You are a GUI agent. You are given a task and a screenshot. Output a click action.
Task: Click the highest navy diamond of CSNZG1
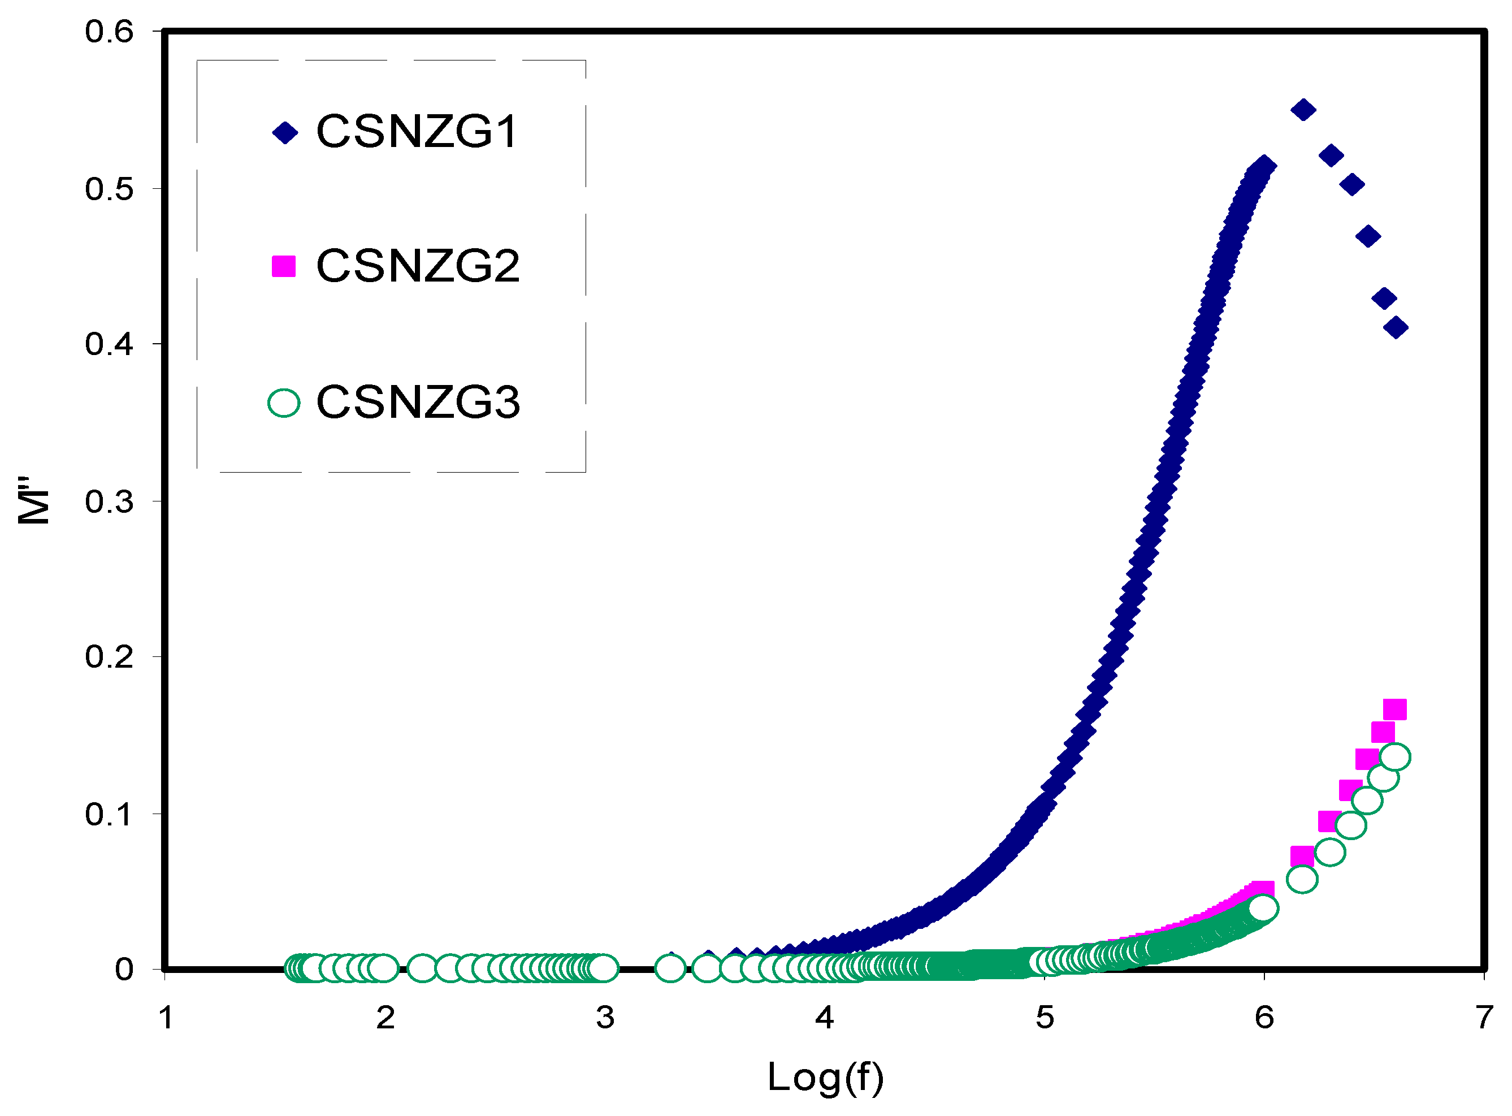point(1303,110)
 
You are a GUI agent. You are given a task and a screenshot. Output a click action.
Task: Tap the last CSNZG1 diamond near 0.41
point(1395,328)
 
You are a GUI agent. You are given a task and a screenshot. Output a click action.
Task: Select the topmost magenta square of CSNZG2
point(1394,710)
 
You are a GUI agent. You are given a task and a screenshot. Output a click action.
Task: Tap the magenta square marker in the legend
point(284,266)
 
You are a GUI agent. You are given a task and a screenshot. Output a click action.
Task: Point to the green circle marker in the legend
point(284,403)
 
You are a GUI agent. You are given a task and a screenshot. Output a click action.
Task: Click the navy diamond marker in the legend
point(285,132)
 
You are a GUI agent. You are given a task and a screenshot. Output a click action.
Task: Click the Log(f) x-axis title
point(825,1078)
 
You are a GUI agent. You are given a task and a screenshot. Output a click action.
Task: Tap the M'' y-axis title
point(34,500)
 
